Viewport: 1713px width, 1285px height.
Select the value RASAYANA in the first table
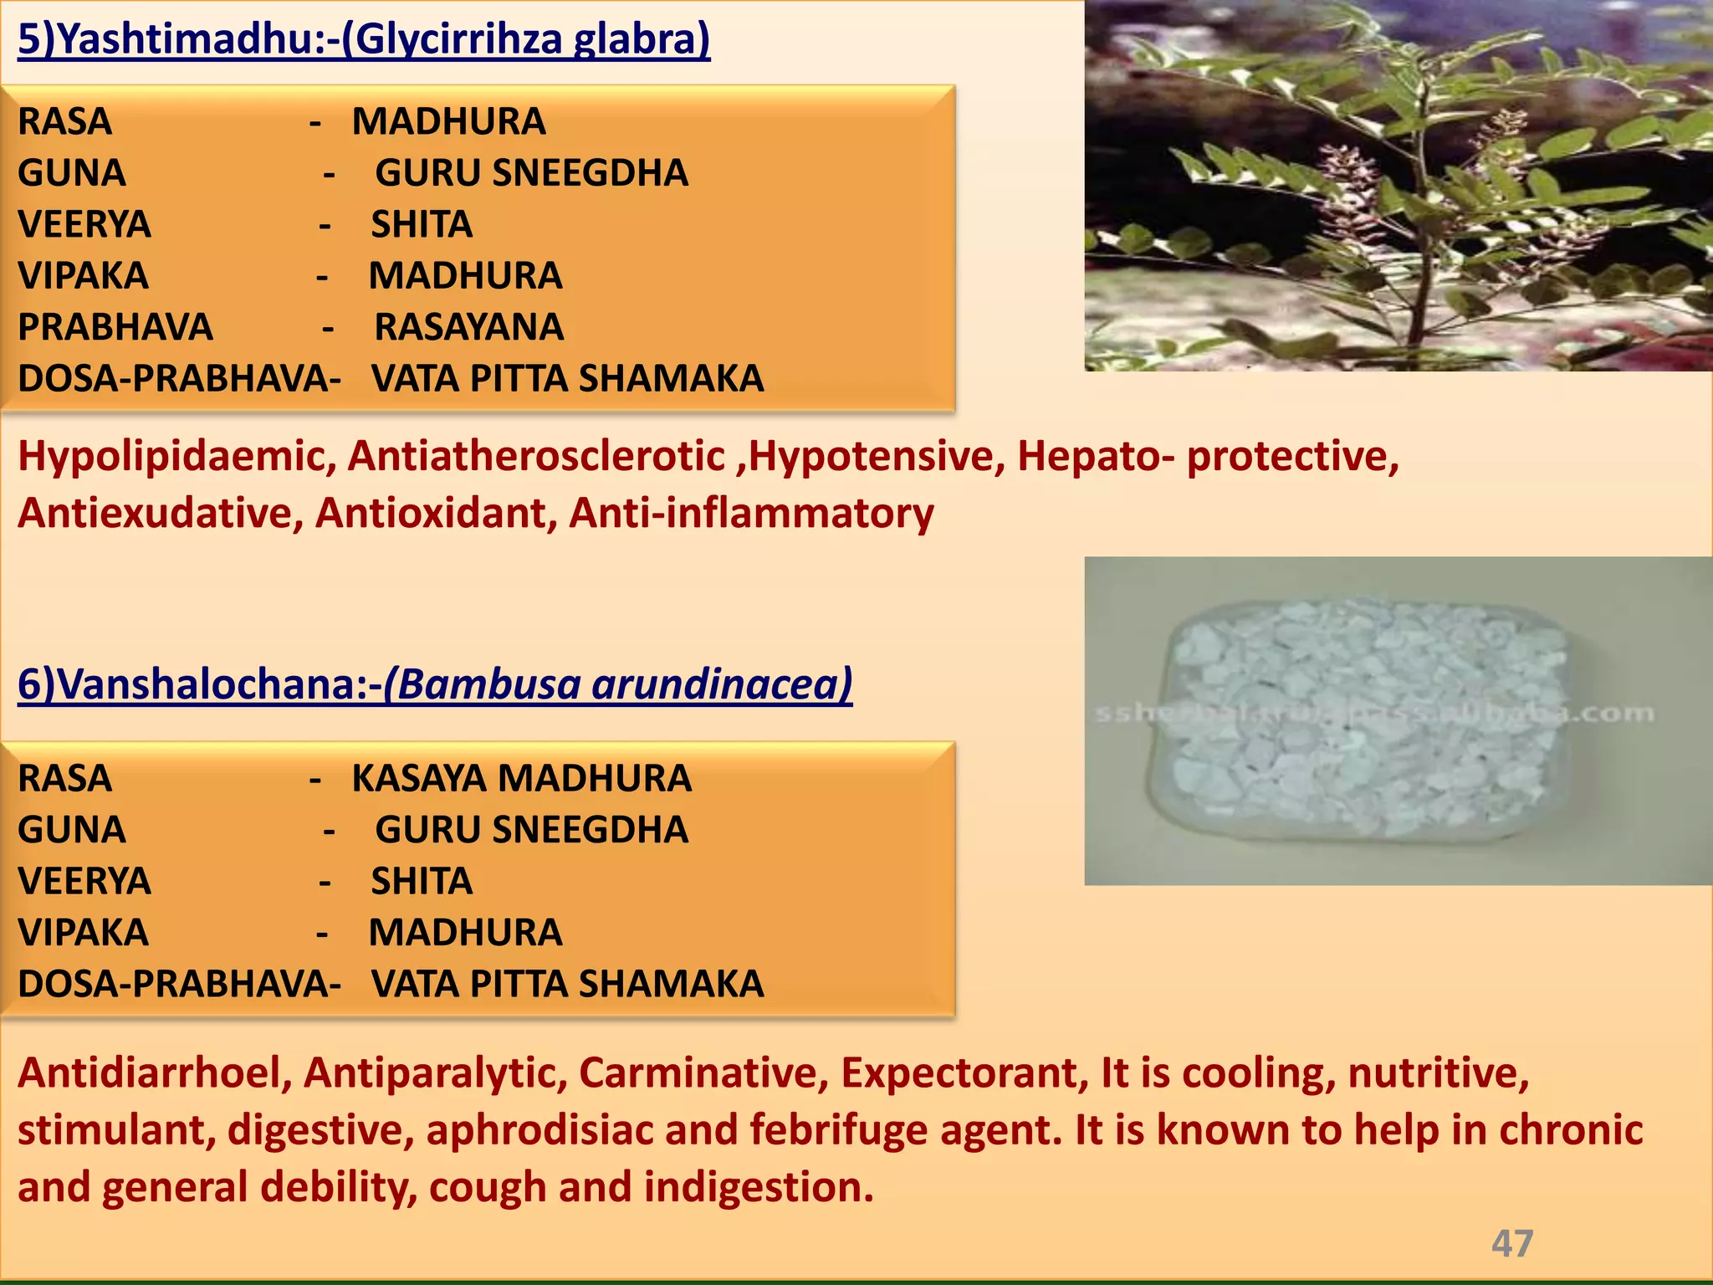[468, 327]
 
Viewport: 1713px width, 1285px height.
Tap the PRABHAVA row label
[115, 327]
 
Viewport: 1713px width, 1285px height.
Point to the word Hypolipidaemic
[176, 458]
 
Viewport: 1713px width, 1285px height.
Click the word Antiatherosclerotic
[536, 458]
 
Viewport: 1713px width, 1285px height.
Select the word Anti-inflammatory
[751, 514]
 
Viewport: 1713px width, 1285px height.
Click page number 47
[1512, 1244]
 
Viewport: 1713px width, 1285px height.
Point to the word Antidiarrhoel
[154, 1073]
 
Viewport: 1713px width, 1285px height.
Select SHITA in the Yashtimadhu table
[422, 225]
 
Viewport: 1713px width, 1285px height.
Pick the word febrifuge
[839, 1130]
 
